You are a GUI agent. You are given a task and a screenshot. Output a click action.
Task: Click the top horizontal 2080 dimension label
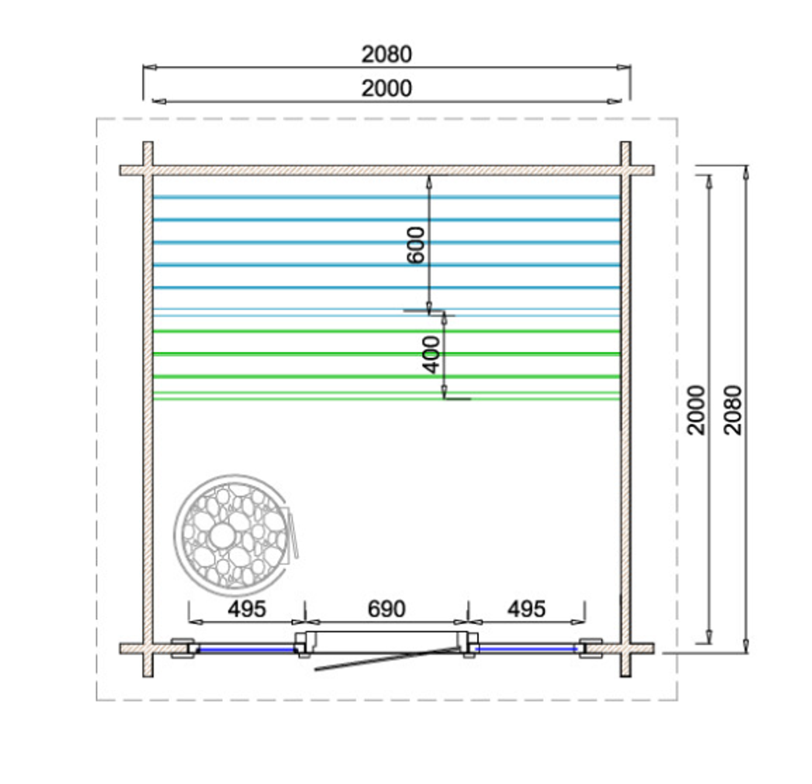[x=386, y=55]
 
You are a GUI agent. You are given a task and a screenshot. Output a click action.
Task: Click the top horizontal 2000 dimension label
[x=386, y=89]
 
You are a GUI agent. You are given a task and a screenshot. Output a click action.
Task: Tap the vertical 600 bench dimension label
[x=416, y=245]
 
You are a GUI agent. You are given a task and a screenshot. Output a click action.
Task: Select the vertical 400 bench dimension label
[x=431, y=355]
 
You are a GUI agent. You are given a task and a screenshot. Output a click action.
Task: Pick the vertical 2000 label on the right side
[x=696, y=410]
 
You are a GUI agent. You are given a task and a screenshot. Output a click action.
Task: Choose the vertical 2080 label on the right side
[x=733, y=410]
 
